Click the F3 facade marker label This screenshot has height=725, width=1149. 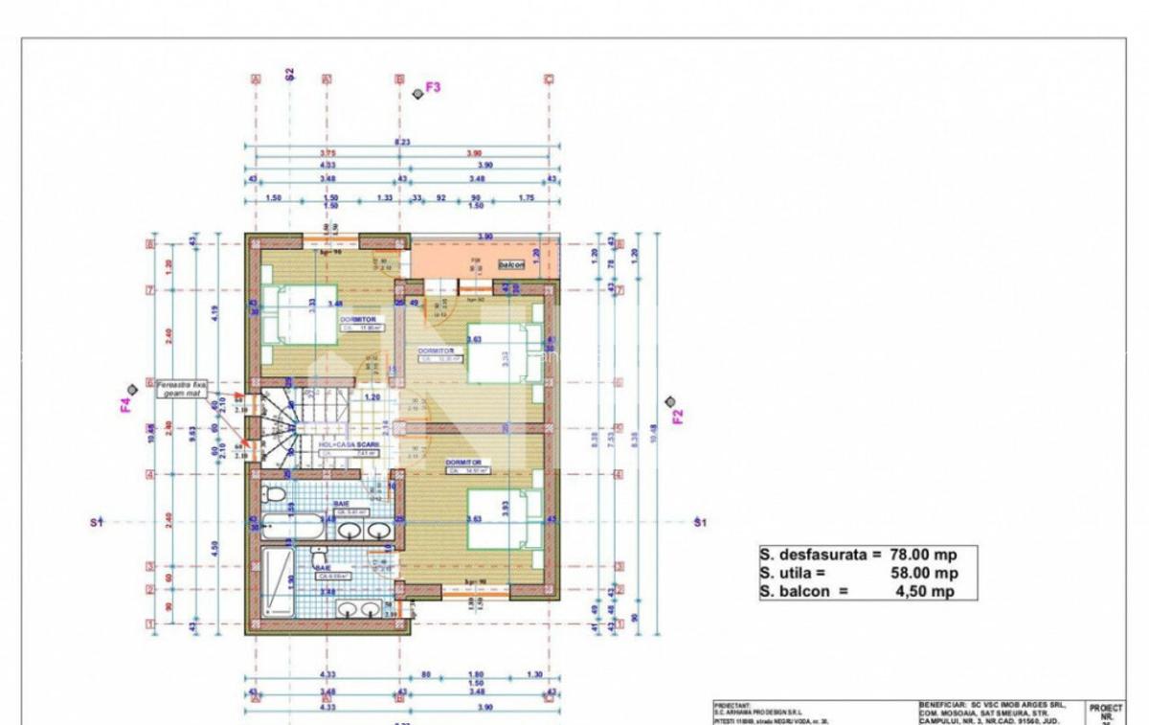[x=433, y=87]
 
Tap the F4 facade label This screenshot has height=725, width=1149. [x=125, y=405]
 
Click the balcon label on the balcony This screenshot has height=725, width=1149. [x=510, y=263]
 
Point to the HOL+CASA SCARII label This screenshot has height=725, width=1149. [x=349, y=445]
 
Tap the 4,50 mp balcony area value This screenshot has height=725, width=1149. [x=926, y=591]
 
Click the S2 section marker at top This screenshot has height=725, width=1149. [x=290, y=74]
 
